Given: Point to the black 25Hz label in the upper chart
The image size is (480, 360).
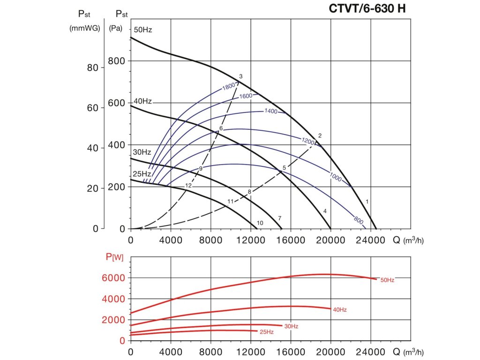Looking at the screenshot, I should click(142, 174).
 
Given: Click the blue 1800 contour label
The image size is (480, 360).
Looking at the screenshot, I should click(228, 86).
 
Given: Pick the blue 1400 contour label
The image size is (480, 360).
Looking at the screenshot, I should click(271, 112).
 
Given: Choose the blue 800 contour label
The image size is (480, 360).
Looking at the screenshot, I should click(359, 219).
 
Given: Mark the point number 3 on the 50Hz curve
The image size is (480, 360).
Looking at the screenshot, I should click(240, 76).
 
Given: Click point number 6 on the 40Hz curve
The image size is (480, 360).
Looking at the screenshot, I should click(221, 128).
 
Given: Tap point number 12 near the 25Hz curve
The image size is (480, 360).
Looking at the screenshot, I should click(188, 186).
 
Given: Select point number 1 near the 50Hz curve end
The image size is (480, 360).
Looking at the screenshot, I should click(367, 202).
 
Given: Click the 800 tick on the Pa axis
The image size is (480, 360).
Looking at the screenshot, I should click(117, 61).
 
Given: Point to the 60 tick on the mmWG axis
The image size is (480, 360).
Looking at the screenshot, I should click(92, 108).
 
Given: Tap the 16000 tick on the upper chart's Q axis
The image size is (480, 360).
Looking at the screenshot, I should click(291, 240).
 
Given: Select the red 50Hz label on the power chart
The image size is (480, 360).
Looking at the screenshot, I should click(387, 280).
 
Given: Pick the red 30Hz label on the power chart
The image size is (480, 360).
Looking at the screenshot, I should click(291, 326).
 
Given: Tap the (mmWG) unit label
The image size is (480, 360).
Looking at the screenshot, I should click(85, 28).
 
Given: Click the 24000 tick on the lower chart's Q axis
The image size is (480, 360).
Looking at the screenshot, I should click(370, 351).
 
